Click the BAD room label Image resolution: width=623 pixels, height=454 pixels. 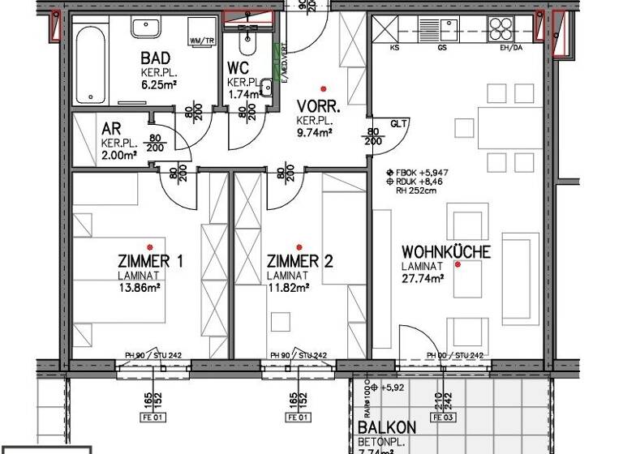(x=156, y=58)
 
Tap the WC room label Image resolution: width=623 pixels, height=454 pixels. (x=238, y=68)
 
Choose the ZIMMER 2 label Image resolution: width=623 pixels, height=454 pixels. (x=299, y=261)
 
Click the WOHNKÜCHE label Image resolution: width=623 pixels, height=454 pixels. (x=445, y=252)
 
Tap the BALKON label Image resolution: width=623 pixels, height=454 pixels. (x=387, y=427)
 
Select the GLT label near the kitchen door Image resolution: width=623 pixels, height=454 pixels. (x=398, y=124)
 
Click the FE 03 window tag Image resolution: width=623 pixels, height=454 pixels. (x=443, y=418)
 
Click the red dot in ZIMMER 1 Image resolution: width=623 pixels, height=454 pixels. (x=149, y=246)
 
